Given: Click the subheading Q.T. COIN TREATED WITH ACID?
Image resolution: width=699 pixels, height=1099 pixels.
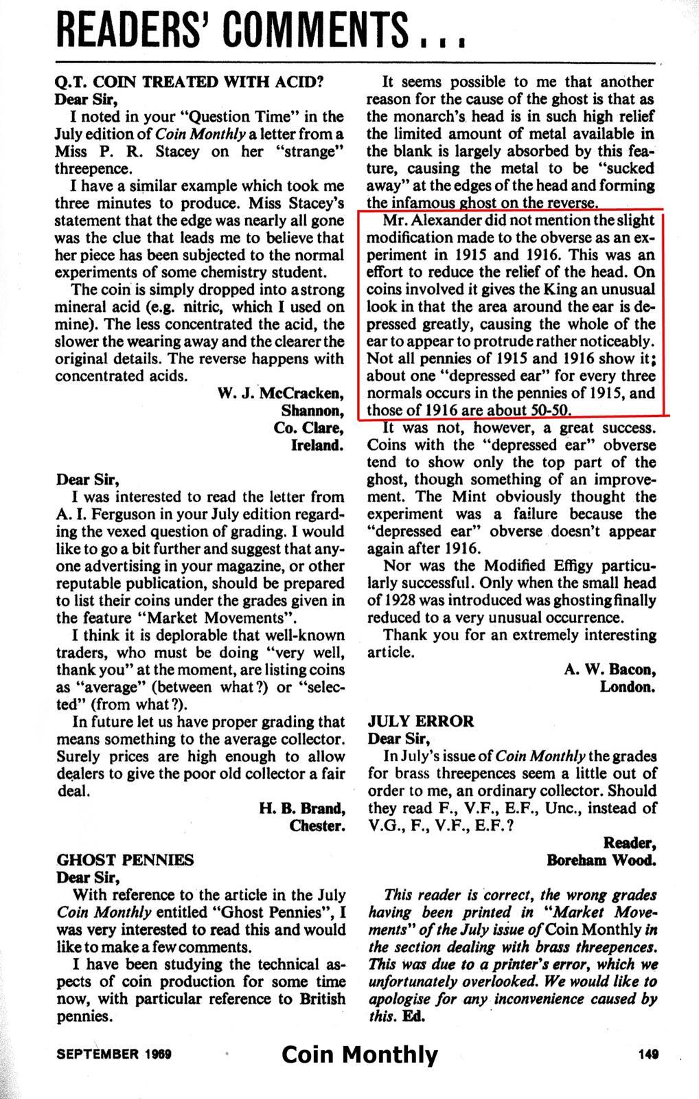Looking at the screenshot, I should (187, 81).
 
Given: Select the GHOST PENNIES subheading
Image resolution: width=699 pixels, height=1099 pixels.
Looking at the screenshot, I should (125, 859).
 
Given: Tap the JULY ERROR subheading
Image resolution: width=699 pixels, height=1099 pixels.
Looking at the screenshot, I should (420, 721).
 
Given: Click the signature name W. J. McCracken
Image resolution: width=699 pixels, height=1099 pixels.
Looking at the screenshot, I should (280, 394).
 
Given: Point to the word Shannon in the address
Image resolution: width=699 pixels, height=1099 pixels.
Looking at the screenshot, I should (312, 411).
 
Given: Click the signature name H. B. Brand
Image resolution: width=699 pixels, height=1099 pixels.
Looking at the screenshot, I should (302, 808).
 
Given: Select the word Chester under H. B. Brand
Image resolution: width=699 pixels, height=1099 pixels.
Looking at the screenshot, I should (317, 825).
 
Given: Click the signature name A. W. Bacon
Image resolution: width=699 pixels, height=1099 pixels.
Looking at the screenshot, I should (610, 669).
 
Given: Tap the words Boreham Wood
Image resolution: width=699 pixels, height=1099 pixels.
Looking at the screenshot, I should (601, 859).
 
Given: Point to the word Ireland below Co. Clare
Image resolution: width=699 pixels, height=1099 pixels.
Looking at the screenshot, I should (319, 445).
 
